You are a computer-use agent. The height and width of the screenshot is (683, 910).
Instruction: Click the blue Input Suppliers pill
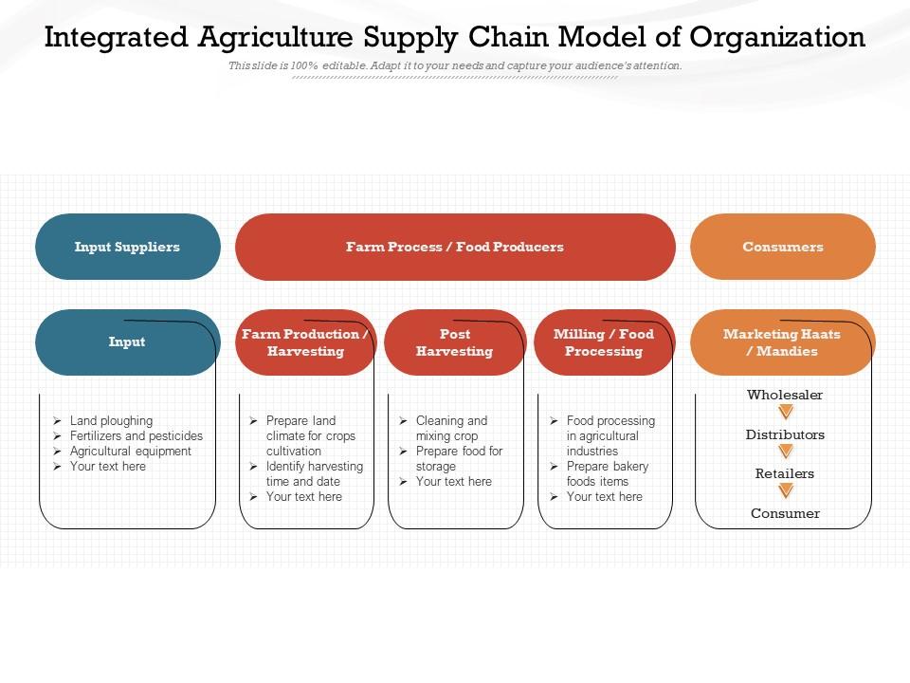coord(127,247)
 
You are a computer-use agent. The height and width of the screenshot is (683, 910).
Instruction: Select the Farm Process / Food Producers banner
coord(455,247)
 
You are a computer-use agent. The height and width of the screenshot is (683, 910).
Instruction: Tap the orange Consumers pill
coord(783,247)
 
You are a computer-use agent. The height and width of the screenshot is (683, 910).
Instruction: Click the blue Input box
coord(127,342)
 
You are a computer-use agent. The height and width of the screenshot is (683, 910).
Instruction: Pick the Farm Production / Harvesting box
coord(305,342)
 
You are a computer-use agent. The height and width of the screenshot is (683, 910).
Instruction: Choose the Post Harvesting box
coord(455,342)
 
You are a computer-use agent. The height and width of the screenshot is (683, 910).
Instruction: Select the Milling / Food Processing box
coord(604,342)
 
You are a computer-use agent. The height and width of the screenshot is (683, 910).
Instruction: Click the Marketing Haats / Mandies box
coord(782,342)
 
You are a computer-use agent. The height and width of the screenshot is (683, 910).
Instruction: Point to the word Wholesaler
coord(785,395)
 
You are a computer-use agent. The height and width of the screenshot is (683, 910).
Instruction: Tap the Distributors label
coord(785,434)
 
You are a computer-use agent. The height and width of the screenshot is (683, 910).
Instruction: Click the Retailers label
coord(785,473)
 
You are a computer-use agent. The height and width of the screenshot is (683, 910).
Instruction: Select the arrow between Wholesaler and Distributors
coord(785,413)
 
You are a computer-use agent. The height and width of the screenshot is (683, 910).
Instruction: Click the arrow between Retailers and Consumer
coord(785,491)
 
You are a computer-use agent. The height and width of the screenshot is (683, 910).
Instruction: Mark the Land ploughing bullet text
coord(111,420)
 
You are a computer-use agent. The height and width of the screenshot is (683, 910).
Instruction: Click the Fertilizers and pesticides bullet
coord(136,435)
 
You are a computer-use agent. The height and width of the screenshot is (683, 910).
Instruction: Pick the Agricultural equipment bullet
coord(130,451)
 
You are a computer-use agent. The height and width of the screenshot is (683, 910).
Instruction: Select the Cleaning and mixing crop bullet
coord(451,428)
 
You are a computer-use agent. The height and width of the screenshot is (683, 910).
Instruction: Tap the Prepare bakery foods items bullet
coord(607,473)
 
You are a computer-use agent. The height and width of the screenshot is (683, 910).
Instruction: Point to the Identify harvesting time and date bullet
coord(314,473)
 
